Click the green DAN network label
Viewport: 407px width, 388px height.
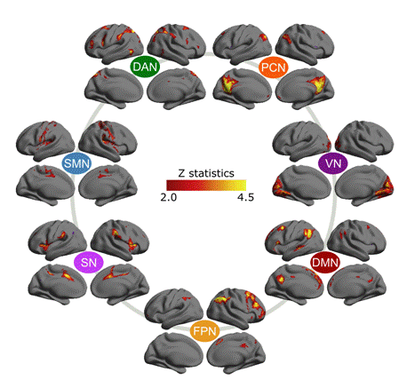coord(145,67)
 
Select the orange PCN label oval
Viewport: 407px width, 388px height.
coord(274,67)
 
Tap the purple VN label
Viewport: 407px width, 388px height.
coord(333,163)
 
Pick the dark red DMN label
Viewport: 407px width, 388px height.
coord(325,263)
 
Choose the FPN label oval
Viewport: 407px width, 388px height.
coord(205,331)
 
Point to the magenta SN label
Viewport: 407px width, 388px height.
coord(89,262)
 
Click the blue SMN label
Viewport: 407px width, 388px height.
coord(76,163)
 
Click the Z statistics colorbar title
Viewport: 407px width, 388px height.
coord(206,173)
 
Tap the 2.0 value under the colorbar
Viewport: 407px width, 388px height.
coord(169,197)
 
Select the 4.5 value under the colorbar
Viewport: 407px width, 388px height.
coord(245,197)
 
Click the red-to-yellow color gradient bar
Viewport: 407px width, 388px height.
coord(206,185)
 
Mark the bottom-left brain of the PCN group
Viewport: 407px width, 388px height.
coord(242,89)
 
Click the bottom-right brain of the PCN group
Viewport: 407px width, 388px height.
coord(305,89)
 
